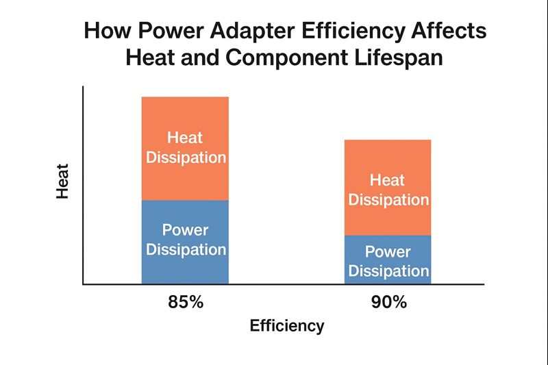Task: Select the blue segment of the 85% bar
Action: [x=185, y=270]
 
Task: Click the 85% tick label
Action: [x=185, y=302]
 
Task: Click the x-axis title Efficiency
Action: [x=286, y=325]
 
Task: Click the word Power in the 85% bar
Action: [x=185, y=229]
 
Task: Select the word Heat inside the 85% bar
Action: [x=185, y=137]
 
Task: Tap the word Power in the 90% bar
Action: [x=388, y=251]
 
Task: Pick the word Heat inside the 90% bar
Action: [x=388, y=181]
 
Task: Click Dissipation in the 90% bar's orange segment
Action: [x=388, y=200]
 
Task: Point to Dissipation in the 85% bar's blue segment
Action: [x=185, y=249]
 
